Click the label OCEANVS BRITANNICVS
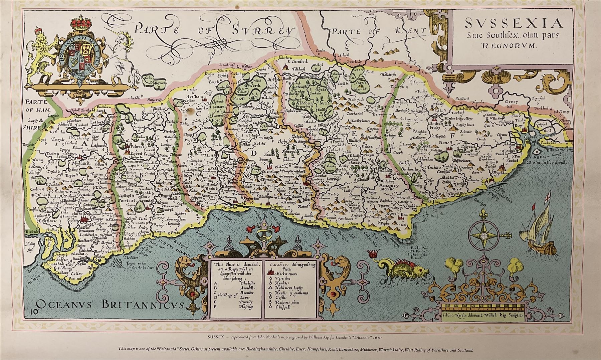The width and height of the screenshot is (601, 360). (x=111, y=304)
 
